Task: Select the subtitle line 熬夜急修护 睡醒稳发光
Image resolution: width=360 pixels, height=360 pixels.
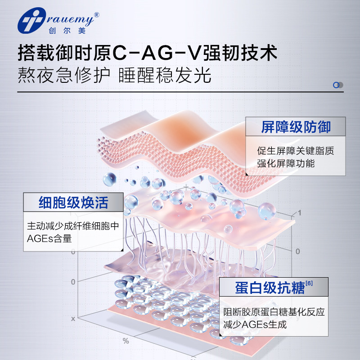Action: pos(114,76)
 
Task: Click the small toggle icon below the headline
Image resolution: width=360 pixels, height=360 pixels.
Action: pos(338,85)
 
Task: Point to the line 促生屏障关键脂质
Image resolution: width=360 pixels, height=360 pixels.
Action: pos(296,151)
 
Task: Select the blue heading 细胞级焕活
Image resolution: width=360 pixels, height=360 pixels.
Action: pos(73,202)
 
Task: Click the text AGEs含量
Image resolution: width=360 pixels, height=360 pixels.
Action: pos(49,238)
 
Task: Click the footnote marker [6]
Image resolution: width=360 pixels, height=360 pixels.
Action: pos(309,283)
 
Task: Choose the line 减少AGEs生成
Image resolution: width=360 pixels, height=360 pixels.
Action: pos(255,324)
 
